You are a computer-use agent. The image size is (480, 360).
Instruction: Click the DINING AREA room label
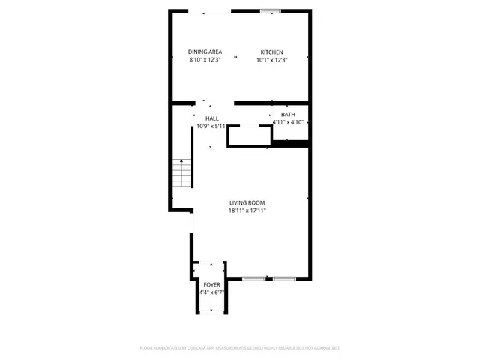coord(205,52)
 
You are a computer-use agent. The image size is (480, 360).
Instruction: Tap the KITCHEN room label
coord(271,52)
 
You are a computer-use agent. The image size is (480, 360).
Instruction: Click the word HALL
coord(211,118)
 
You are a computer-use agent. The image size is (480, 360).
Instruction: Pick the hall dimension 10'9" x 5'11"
coord(211,126)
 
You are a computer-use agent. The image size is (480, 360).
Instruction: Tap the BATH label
coord(288,114)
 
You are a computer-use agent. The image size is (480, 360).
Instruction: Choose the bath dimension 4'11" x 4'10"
coord(289,121)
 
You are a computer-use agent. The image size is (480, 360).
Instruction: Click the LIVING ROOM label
coord(247,202)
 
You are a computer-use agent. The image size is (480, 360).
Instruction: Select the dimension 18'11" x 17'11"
coord(247,211)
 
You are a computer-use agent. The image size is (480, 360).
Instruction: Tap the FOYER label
coord(211,284)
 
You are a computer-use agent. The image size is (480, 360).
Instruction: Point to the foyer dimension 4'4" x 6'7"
coord(211,292)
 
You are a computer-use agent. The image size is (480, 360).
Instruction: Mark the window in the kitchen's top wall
coord(271,10)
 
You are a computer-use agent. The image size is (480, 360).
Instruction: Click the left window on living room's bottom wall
coord(254,279)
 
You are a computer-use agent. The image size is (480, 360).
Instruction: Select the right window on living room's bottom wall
coord(284,279)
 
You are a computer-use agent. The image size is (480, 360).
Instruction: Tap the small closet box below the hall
coord(249,136)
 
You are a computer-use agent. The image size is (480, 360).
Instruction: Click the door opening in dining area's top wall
coord(211,11)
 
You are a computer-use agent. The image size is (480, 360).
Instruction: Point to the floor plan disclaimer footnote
coord(240,348)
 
